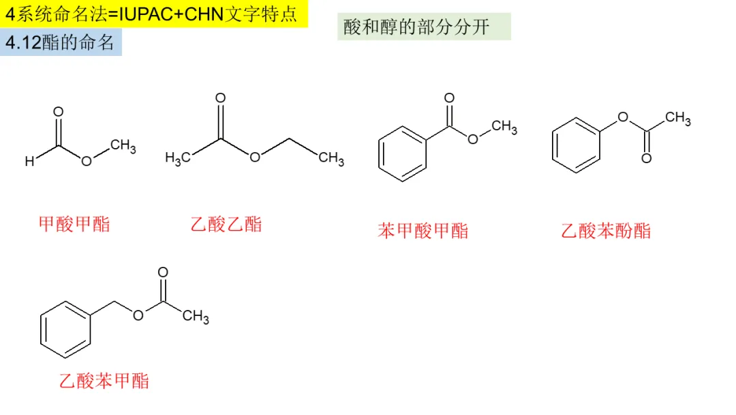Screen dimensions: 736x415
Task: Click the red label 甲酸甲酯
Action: [74, 224]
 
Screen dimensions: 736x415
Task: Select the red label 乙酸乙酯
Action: [226, 224]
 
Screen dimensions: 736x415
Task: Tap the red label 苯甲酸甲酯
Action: [423, 231]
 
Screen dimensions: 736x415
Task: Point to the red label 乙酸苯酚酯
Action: [606, 231]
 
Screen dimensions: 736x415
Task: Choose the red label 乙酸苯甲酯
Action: [104, 380]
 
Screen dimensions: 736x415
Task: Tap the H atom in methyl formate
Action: [29, 162]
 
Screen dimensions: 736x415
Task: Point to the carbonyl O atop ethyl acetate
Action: [220, 98]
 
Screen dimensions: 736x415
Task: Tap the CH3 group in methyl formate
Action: [123, 146]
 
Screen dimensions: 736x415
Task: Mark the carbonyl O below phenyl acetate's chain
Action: [646, 158]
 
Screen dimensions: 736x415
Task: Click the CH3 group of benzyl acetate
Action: [196, 316]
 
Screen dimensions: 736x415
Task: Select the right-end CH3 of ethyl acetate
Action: [331, 159]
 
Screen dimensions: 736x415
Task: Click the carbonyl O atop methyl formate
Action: [59, 112]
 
